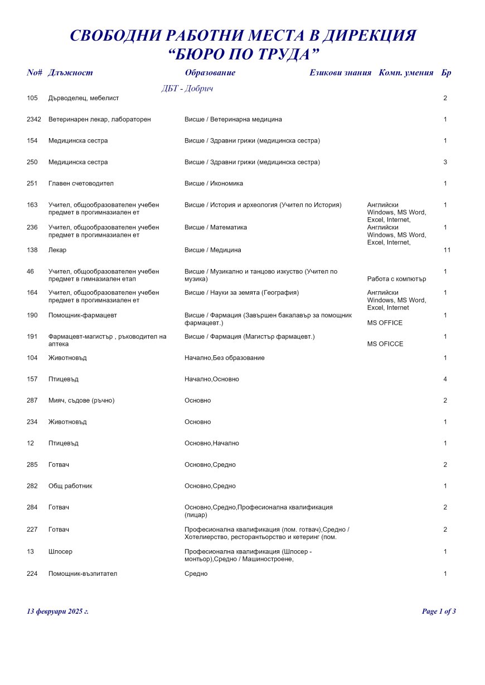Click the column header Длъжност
pyautogui.click(x=70, y=73)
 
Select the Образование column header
pyautogui.click(x=210, y=73)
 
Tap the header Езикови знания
pyautogui.click(x=340, y=73)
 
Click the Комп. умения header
pyautogui.click(x=406, y=73)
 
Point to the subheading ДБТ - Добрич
pyautogui.click(x=187, y=89)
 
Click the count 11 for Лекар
pyautogui.click(x=447, y=250)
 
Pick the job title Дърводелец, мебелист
pyautogui.click(x=84, y=98)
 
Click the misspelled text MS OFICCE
pyautogui.click(x=385, y=344)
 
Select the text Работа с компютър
pyautogui.click(x=396, y=279)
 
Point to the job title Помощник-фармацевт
pyautogui.click(x=83, y=315)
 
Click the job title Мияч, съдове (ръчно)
pyautogui.click(x=81, y=400)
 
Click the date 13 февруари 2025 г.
pyautogui.click(x=58, y=611)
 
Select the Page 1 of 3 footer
pyautogui.click(x=439, y=611)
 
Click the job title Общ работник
pyautogui.click(x=70, y=486)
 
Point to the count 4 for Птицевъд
pyautogui.click(x=445, y=379)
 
